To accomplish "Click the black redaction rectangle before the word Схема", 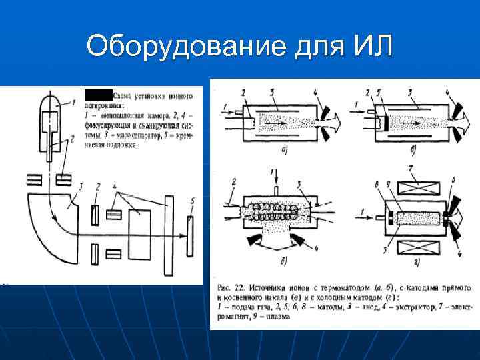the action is [97, 94].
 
